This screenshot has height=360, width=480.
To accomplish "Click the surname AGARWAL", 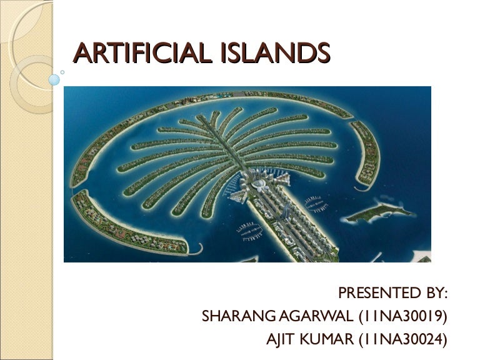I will point(321,317).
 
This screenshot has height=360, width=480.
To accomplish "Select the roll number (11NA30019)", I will point(404,317).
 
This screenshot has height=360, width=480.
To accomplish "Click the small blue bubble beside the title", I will point(55,80).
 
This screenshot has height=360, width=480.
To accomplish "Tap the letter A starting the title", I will point(81,54).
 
